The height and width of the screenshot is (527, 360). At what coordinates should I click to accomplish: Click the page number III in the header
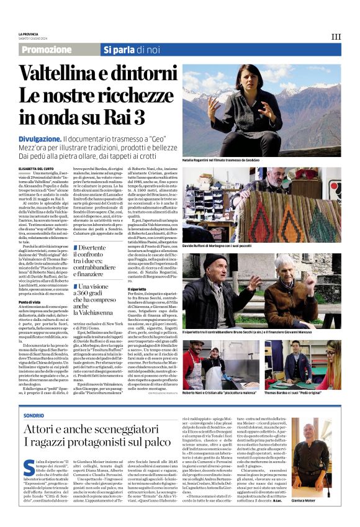click(x=336, y=37)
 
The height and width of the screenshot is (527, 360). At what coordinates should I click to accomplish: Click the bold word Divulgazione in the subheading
click(x=40, y=139)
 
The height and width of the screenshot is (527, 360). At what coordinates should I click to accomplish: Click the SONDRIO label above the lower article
click(x=34, y=397)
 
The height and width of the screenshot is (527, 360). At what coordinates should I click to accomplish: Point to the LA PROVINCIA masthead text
click(x=29, y=33)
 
